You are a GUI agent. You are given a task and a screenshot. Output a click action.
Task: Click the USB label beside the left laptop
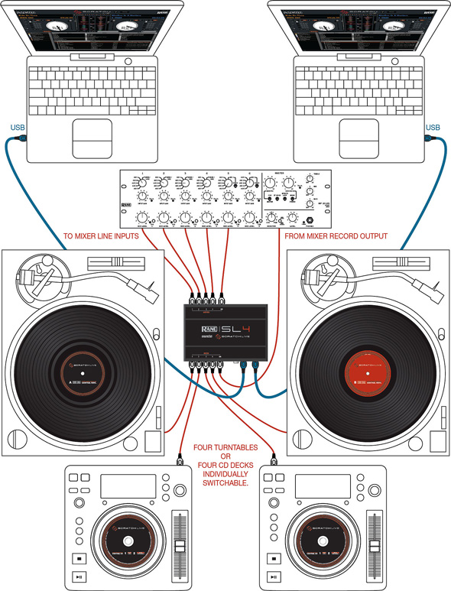[16, 127]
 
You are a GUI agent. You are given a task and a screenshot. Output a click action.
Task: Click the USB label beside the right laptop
[433, 127]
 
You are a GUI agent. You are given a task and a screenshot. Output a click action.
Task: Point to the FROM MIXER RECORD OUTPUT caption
[336, 236]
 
